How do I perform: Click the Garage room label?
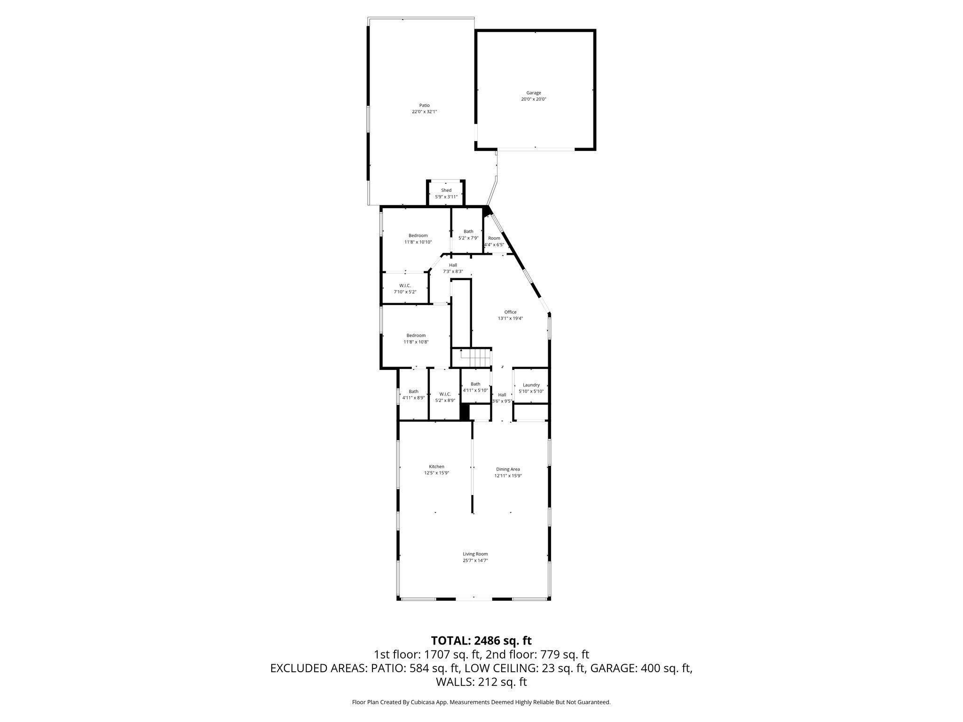click(533, 93)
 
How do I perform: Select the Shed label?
click(446, 190)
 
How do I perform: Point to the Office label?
click(510, 312)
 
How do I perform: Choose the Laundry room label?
click(531, 385)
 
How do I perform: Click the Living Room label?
click(475, 554)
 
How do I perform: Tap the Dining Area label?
click(508, 469)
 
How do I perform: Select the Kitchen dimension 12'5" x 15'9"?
click(436, 473)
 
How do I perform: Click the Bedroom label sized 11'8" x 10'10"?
click(418, 235)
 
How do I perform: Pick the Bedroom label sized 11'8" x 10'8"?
click(416, 336)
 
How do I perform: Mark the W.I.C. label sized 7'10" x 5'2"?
click(405, 285)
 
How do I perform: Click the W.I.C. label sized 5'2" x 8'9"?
click(445, 394)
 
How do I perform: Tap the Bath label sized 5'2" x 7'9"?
click(468, 231)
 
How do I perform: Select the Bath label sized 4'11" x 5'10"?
click(475, 384)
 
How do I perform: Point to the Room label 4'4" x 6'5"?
click(494, 238)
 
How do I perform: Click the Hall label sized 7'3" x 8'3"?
click(453, 265)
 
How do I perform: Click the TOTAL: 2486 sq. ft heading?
click(481, 640)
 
